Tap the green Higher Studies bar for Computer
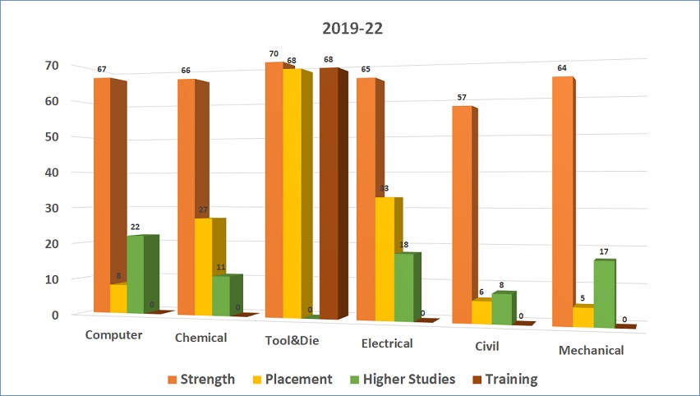coord(135,274)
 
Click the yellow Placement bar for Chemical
coord(203,267)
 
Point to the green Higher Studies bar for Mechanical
coord(605,293)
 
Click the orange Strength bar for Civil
coord(462,214)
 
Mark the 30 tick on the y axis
coord(52,208)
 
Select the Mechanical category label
coord(591,350)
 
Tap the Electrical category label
coord(387,343)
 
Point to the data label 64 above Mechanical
coord(562,68)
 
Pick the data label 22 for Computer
coord(135,227)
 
